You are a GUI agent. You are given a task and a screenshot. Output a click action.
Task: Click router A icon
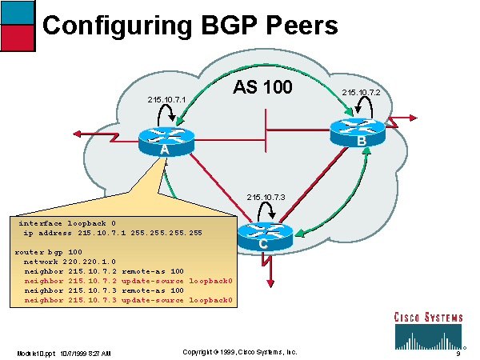166,141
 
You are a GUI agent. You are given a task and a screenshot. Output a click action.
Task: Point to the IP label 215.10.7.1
166,99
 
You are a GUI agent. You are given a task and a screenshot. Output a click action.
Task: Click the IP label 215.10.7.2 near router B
360,93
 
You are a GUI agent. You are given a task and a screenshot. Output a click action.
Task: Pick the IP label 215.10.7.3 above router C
266,196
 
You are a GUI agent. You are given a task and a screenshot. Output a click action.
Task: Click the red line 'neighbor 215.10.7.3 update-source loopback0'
128,301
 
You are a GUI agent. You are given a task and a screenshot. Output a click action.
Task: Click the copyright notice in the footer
240,352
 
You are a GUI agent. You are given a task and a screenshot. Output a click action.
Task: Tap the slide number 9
458,353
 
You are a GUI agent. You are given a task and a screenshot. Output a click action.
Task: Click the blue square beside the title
18,12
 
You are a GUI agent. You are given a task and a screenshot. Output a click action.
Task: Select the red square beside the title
18,37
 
